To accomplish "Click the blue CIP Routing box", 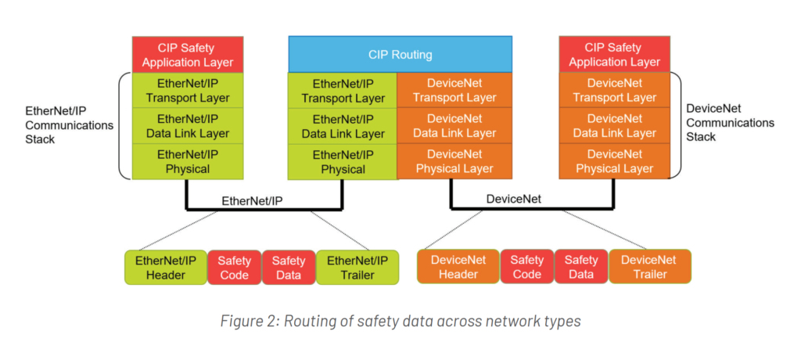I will pyautogui.click(x=400, y=55).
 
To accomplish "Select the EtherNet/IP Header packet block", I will pyautogui.click(x=166, y=268).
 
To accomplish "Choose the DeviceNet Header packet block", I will pyautogui.click(x=458, y=267).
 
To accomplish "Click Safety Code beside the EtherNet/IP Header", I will pyautogui.click(x=234, y=268).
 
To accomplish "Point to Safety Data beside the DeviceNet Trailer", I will pyautogui.click(x=580, y=267).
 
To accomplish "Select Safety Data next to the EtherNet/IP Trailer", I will pyautogui.click(x=289, y=268).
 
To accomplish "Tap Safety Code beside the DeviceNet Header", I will pyautogui.click(x=526, y=267).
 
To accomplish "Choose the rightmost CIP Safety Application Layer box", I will pyautogui.click(x=614, y=54).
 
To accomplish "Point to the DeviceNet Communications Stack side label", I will pyautogui.click(x=730, y=123).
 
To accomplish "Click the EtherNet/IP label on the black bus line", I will pyautogui.click(x=252, y=200).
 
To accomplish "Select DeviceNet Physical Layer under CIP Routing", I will pyautogui.click(x=455, y=161).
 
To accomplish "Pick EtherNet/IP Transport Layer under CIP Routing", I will pyautogui.click(x=343, y=91).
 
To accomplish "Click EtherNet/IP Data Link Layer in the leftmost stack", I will pyautogui.click(x=188, y=126).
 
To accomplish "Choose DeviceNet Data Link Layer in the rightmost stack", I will pyautogui.click(x=614, y=126).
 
